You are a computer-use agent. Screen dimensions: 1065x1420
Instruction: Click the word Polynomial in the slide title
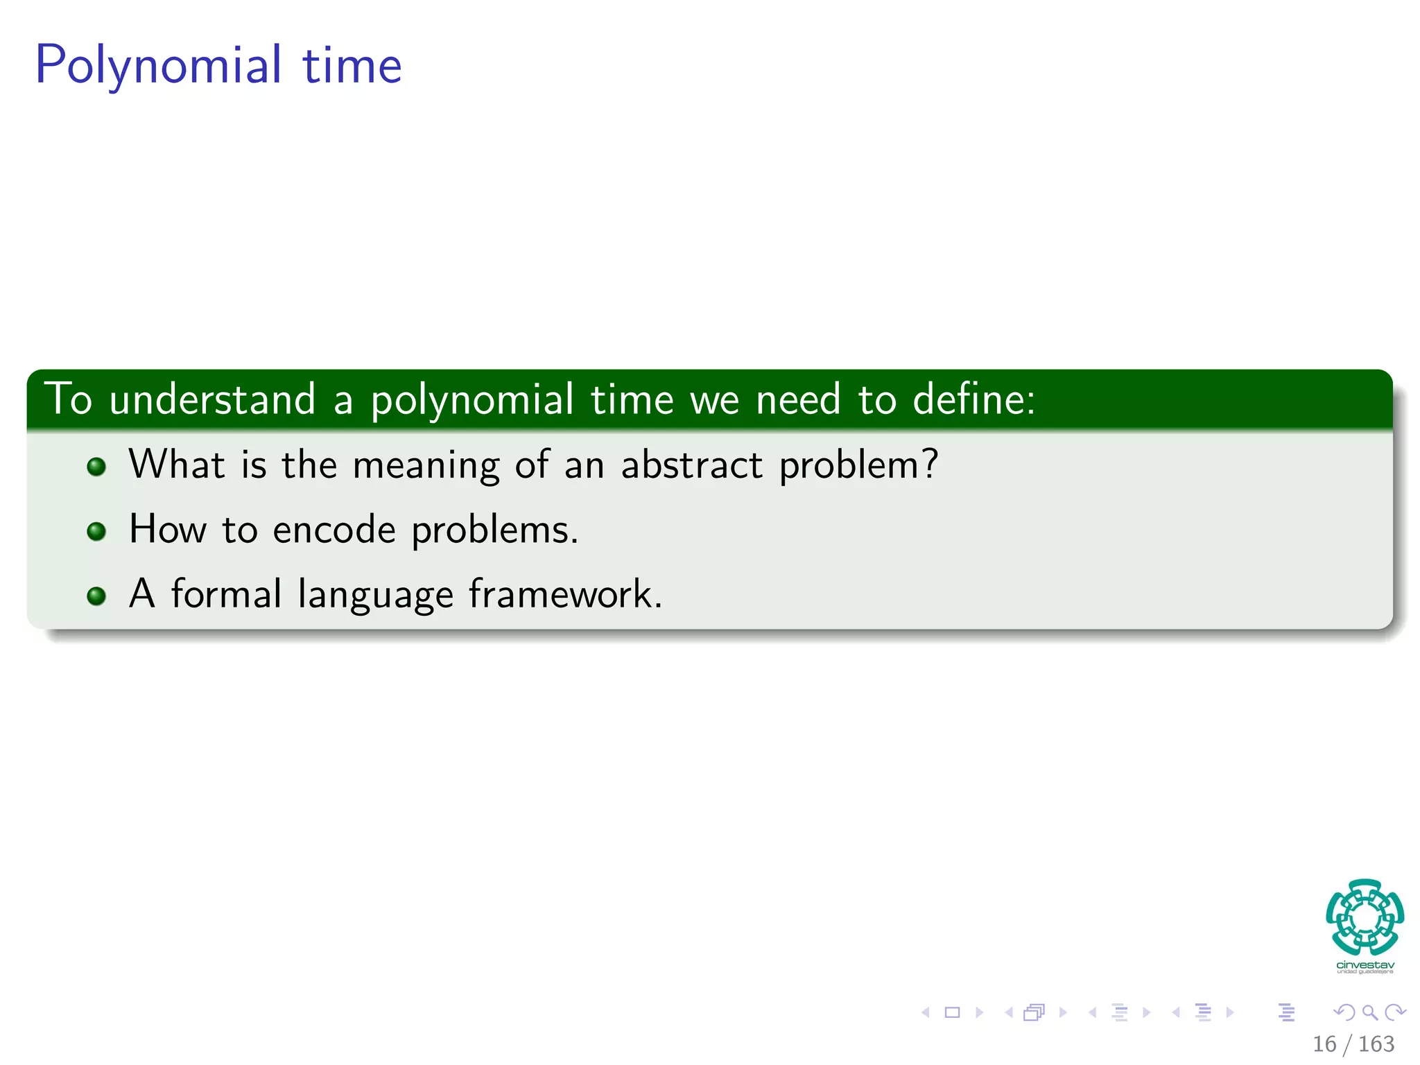[x=158, y=66]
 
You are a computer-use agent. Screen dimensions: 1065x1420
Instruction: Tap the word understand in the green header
[x=212, y=400]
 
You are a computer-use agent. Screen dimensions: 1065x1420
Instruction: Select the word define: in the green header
[x=973, y=400]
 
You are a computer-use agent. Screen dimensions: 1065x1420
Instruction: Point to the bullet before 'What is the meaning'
[x=96, y=467]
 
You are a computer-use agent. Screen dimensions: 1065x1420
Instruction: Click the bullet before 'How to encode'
[x=96, y=532]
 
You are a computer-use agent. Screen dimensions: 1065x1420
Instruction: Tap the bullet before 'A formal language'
[x=96, y=596]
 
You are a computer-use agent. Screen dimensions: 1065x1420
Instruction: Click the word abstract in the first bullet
[x=691, y=465]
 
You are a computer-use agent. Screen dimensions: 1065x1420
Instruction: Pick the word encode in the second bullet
[x=334, y=530]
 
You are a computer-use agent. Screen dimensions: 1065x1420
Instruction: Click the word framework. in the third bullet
[x=565, y=595]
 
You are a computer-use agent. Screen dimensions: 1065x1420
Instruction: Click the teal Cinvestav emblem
[x=1365, y=917]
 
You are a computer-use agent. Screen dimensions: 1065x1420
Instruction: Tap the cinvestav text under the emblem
[x=1365, y=965]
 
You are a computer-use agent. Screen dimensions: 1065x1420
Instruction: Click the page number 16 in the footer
[x=1324, y=1044]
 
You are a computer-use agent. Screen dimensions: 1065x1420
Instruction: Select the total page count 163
[x=1376, y=1044]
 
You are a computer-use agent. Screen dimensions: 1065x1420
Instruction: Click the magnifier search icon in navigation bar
[x=1369, y=1012]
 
